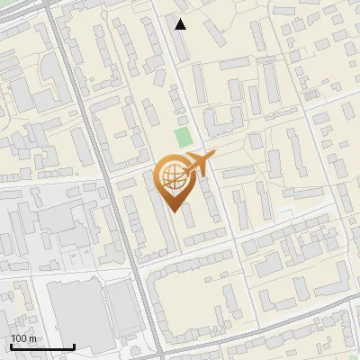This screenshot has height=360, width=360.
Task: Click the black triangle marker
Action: coord(181,24)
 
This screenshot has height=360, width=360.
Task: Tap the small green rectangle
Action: coord(184,139)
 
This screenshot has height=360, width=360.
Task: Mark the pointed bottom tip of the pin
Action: coord(174,211)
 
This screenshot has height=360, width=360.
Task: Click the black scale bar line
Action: coord(42,346)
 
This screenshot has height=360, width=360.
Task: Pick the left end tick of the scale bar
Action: coord(11,345)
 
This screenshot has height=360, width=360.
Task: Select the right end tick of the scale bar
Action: coord(74,345)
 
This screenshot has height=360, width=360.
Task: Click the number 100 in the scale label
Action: coord(19,338)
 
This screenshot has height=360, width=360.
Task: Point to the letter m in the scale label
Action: coord(31,338)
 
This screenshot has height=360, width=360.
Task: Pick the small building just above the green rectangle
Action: coord(183,120)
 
